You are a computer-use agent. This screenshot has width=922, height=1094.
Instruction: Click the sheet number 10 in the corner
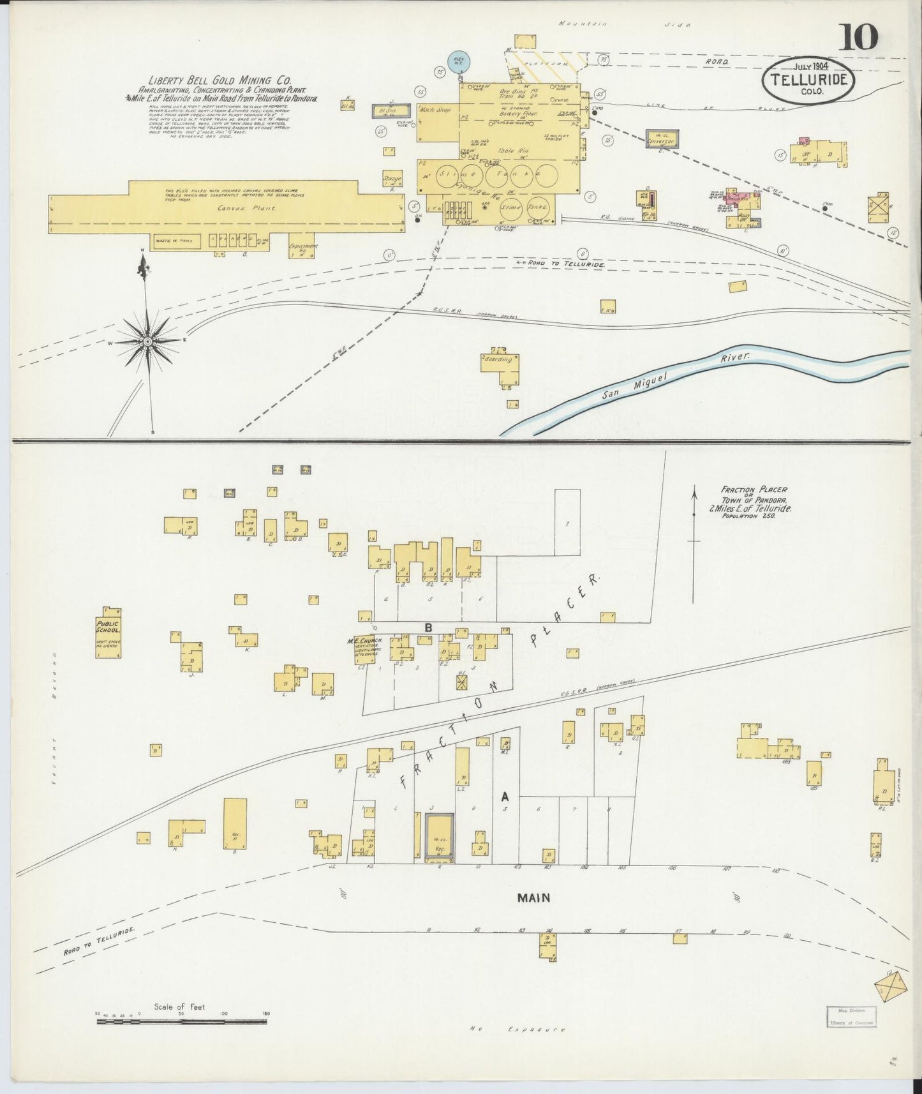click(x=859, y=36)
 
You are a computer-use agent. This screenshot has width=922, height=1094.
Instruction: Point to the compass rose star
click(x=147, y=341)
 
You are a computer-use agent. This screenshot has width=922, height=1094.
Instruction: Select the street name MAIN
click(x=533, y=897)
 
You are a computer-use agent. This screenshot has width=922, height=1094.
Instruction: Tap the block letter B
click(x=429, y=628)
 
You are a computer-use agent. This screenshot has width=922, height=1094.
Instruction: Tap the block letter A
click(x=504, y=796)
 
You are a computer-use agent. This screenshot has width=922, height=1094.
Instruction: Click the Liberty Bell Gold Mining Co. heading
click(x=220, y=81)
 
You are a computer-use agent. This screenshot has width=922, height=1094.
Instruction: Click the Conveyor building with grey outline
click(x=662, y=138)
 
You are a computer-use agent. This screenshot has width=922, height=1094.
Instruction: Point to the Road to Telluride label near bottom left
click(x=99, y=941)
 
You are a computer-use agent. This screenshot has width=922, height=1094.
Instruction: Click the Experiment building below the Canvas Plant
click(x=299, y=249)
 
